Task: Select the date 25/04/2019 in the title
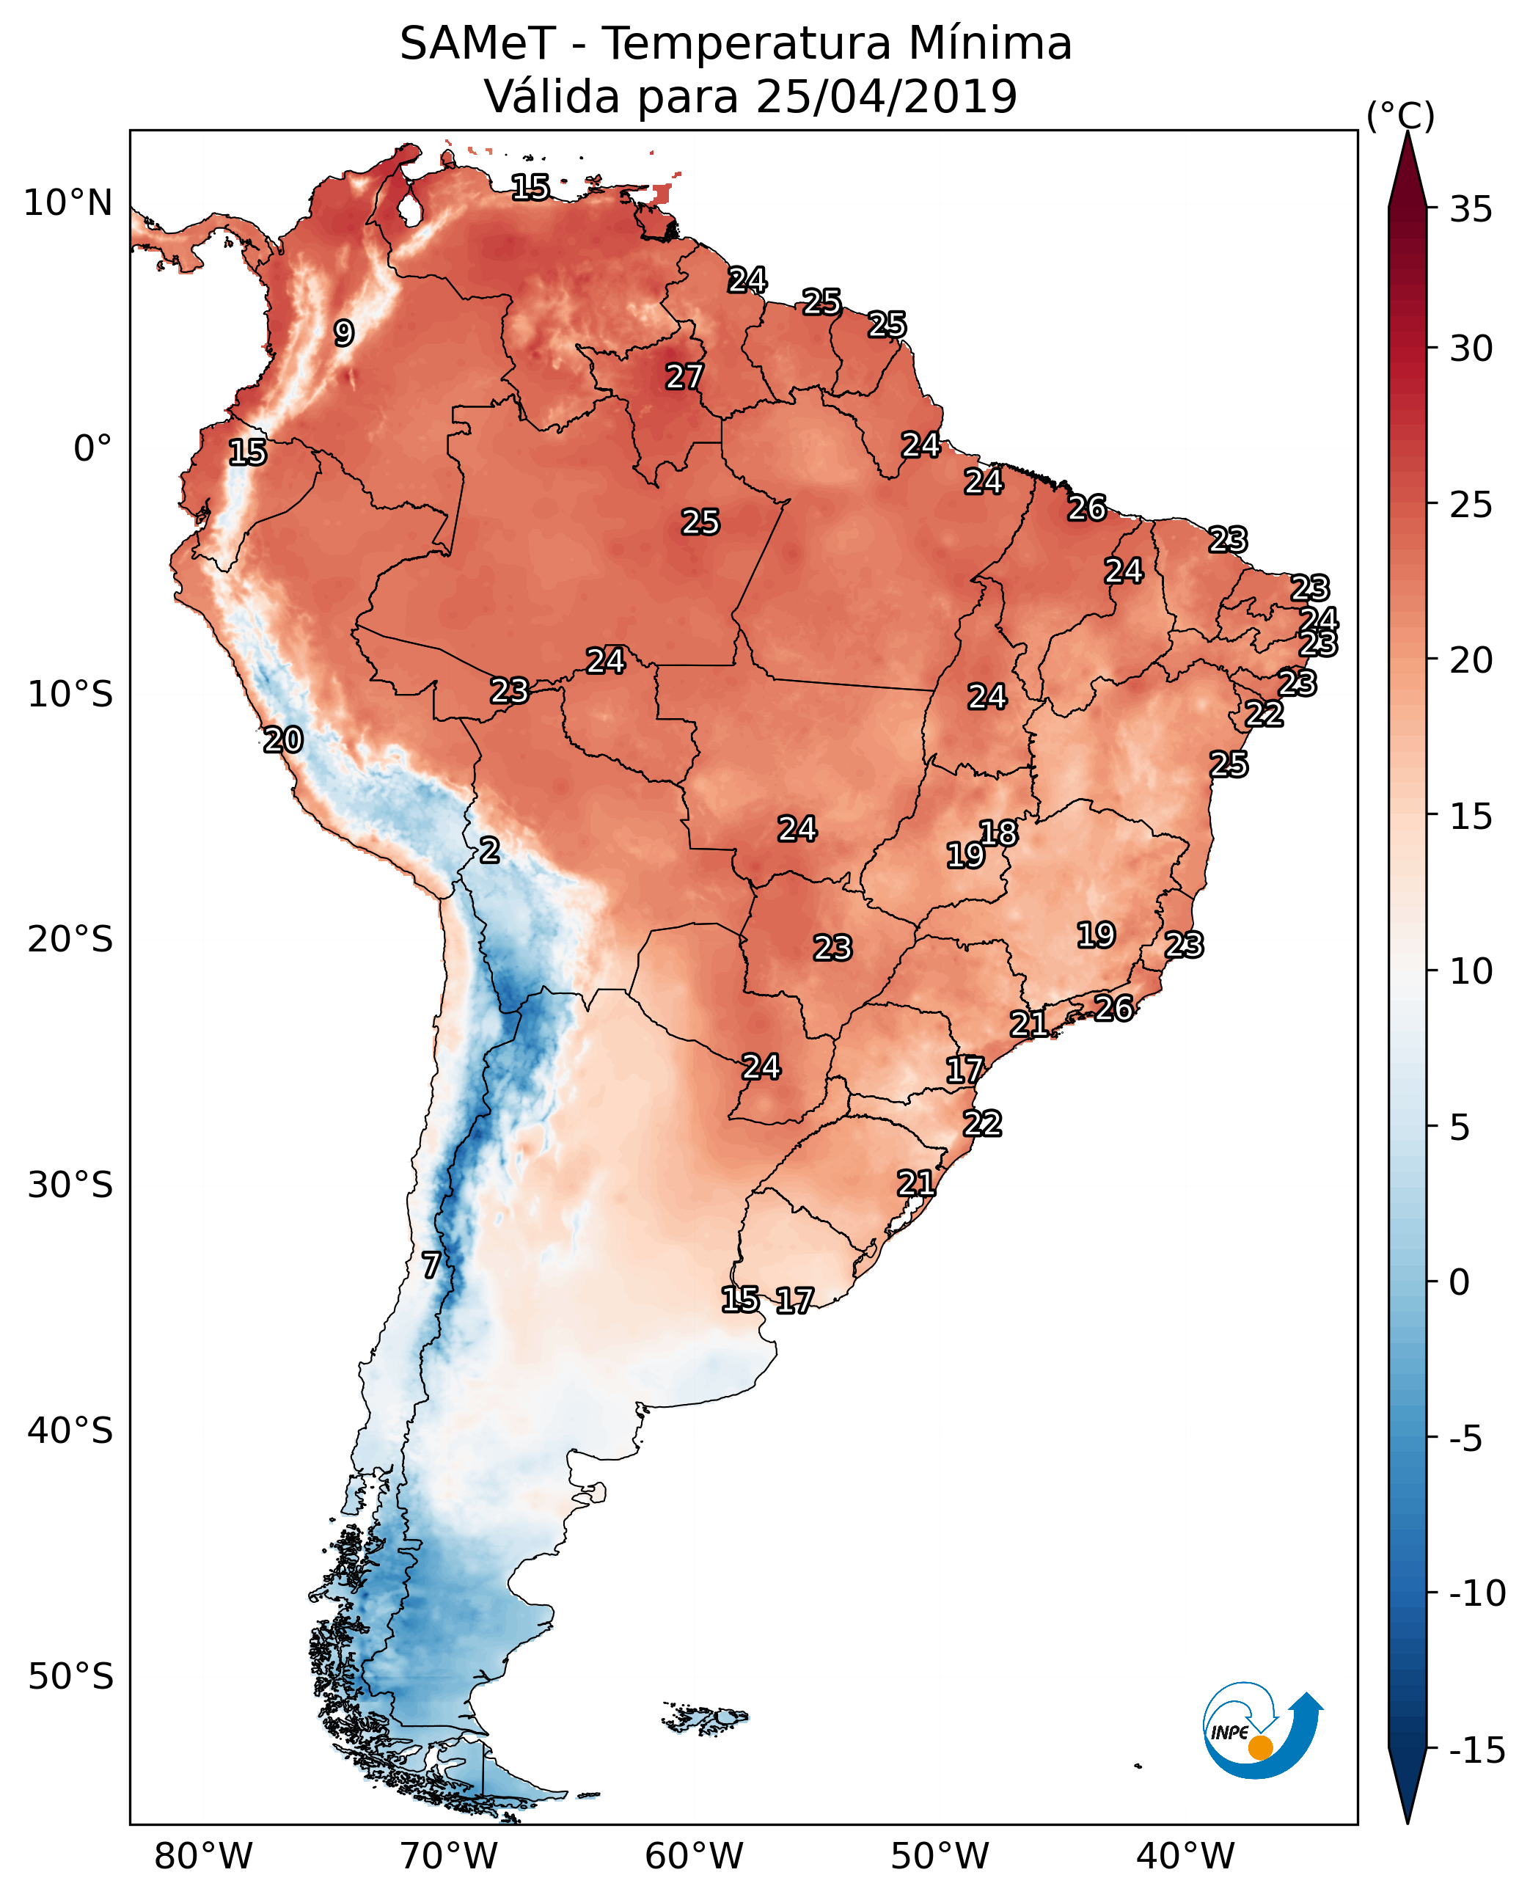pyautogui.click(x=886, y=96)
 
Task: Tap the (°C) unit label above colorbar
pyautogui.click(x=1400, y=115)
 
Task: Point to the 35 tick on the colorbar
pyautogui.click(x=1471, y=209)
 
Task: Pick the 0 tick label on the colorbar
pyautogui.click(x=1460, y=1282)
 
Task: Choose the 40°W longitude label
pyautogui.click(x=1185, y=1856)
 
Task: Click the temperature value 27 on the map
pyautogui.click(x=684, y=377)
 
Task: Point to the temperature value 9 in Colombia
pyautogui.click(x=344, y=333)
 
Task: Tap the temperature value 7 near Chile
pyautogui.click(x=430, y=1265)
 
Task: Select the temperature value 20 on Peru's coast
pyautogui.click(x=283, y=739)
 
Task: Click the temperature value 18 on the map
pyautogui.click(x=998, y=832)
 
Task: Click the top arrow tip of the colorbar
pyautogui.click(x=1408, y=135)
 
